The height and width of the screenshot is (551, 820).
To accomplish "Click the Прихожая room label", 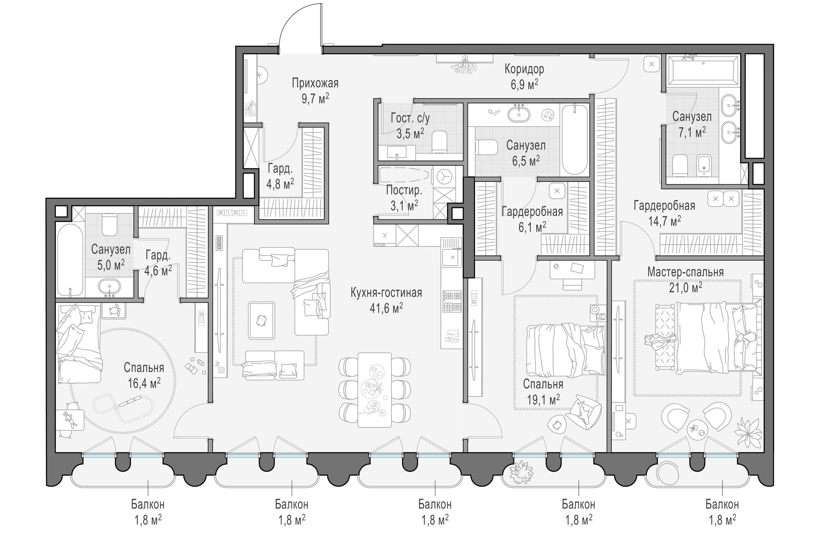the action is (315, 84).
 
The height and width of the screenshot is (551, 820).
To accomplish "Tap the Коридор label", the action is (524, 69).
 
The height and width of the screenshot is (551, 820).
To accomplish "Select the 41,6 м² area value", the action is (386, 308).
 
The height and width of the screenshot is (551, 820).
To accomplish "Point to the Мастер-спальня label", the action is (686, 272).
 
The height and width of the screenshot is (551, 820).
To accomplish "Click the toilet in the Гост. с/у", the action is (439, 142).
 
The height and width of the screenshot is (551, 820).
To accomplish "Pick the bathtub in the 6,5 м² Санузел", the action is (574, 139).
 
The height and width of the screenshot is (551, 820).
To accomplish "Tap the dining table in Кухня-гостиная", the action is (374, 390).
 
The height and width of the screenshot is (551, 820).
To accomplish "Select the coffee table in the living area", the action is (261, 320).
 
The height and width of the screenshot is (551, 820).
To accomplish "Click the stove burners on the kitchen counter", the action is (452, 301).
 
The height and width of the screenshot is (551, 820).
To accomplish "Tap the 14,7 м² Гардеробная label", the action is (664, 213).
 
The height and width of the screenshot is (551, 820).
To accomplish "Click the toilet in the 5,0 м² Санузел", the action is (109, 225).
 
